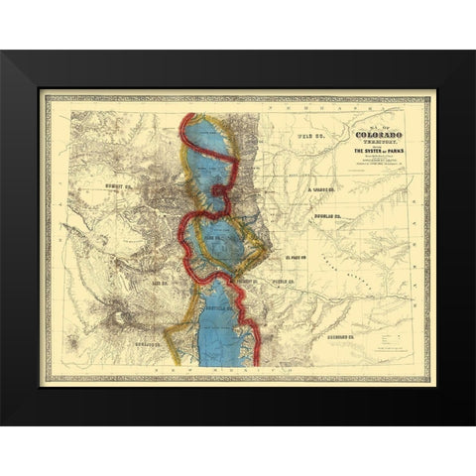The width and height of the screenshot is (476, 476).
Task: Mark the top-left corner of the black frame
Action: [3, 53]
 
